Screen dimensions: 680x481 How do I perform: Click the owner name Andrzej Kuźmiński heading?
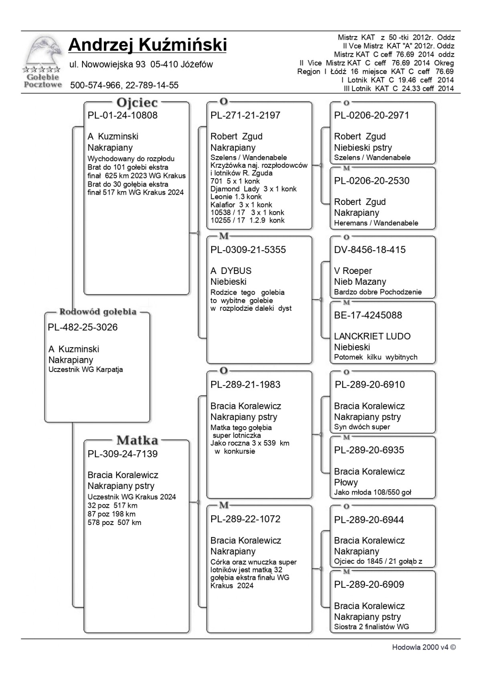coord(148,45)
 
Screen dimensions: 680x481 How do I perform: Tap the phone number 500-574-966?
coord(95,85)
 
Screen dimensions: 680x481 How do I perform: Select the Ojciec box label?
coord(137,103)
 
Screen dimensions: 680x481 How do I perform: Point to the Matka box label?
coord(137,440)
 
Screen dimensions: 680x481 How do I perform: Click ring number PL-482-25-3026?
coord(83,327)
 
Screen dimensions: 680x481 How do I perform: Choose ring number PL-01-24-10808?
coord(123,115)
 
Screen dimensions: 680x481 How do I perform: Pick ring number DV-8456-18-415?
coord(370,250)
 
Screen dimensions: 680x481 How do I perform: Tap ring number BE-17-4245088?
coord(368,315)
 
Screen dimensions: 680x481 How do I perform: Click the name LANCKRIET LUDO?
coord(372,336)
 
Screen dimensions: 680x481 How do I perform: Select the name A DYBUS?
coord(231,271)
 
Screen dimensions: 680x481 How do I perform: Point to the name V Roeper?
coord(353,271)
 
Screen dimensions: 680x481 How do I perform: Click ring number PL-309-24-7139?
coord(123,454)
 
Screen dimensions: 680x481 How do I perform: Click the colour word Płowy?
coord(346,482)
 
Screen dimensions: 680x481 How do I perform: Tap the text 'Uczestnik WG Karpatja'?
coord(85,370)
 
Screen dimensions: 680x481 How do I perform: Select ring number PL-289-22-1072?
coord(245,519)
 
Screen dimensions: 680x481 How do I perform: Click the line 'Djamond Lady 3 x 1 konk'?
coord(253,189)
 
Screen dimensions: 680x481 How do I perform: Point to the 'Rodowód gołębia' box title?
coord(98,312)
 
